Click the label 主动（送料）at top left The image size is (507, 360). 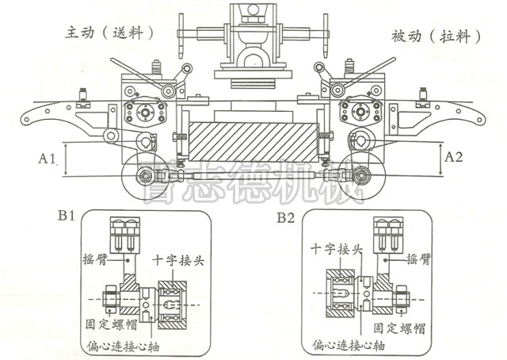click(109, 33)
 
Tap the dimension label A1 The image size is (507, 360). click(47, 159)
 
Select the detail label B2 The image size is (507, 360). click(285, 216)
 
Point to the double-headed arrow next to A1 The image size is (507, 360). click(67, 159)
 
